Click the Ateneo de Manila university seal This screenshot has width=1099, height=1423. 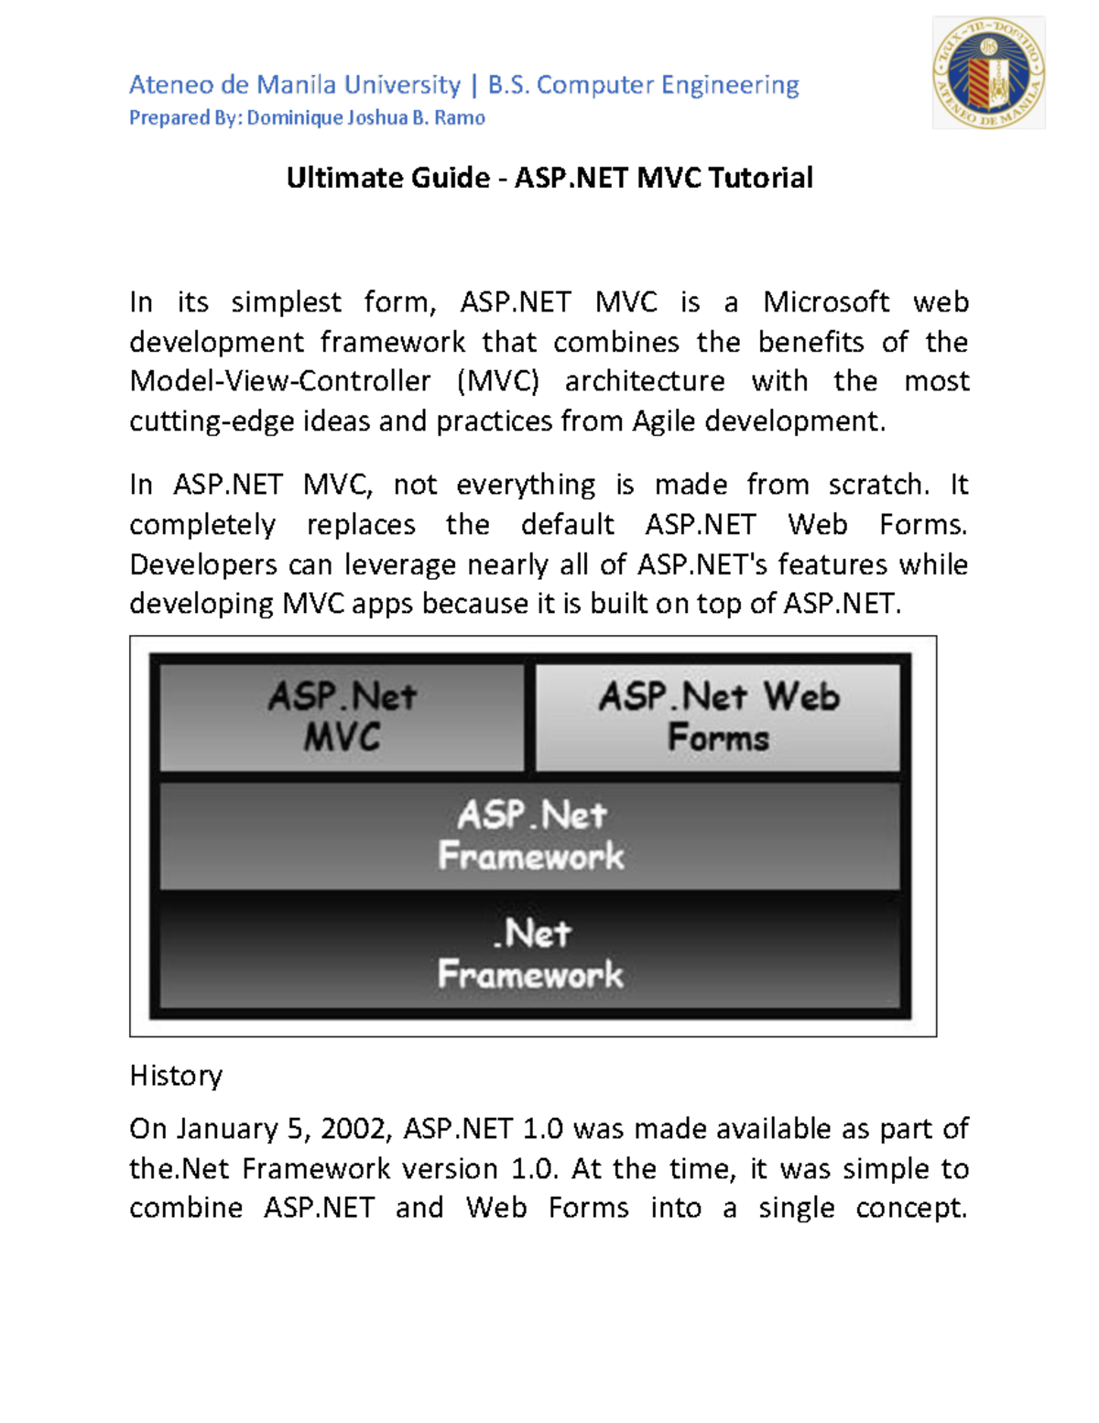[988, 73]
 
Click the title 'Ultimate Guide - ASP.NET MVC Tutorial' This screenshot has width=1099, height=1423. [549, 178]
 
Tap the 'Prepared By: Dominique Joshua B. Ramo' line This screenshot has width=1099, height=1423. [307, 118]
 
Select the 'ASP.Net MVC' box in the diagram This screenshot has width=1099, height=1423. [342, 717]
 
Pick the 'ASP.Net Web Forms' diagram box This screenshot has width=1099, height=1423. [718, 717]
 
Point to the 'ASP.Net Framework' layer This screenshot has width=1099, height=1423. [530, 835]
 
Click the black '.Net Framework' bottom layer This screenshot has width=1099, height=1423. [530, 953]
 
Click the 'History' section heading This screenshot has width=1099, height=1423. [176, 1076]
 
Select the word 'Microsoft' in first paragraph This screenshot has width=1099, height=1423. [826, 302]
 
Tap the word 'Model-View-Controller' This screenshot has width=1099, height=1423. [279, 381]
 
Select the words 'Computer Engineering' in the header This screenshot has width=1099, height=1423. [667, 85]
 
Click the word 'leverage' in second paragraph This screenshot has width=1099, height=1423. [399, 564]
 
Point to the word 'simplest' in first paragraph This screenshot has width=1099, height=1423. [286, 302]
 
